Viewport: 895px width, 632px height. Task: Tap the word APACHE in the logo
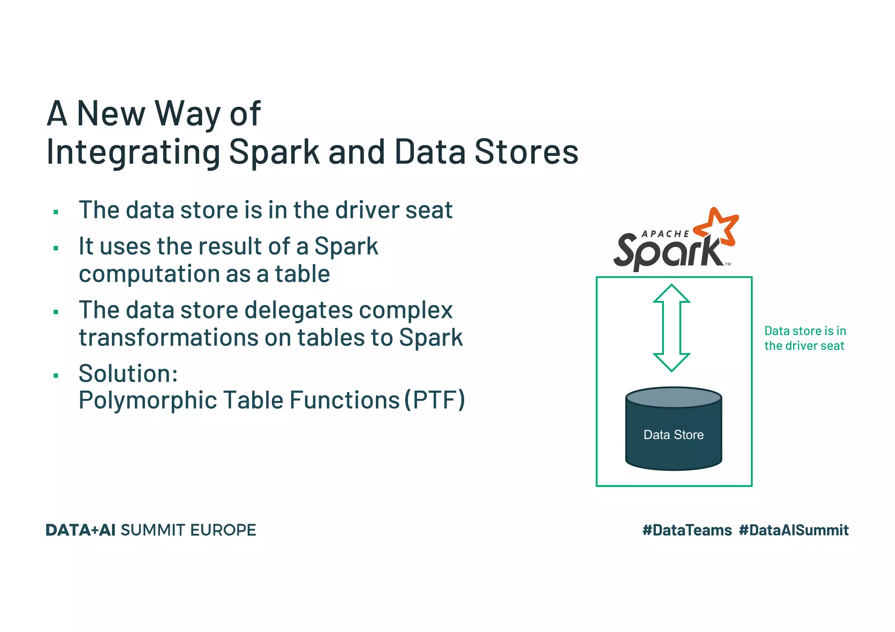pyautogui.click(x=665, y=234)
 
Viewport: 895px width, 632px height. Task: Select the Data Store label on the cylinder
pyautogui.click(x=673, y=435)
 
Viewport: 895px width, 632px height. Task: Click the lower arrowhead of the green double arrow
pyautogui.click(x=672, y=362)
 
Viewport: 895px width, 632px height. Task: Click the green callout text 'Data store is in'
pyautogui.click(x=805, y=331)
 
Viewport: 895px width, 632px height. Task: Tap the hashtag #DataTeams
pyautogui.click(x=687, y=530)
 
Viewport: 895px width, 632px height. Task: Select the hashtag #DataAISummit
pyautogui.click(x=794, y=530)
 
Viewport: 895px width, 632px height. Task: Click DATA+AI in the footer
pyautogui.click(x=80, y=530)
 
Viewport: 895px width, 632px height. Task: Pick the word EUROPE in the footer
pyautogui.click(x=223, y=530)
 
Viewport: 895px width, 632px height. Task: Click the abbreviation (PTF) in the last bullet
pyautogui.click(x=434, y=400)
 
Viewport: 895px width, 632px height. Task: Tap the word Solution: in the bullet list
pyautogui.click(x=128, y=373)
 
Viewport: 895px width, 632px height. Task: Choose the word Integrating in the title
pyautogui.click(x=133, y=152)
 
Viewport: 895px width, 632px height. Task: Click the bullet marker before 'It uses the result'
pyautogui.click(x=56, y=249)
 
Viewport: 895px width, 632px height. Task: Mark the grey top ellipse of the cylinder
pyautogui.click(x=673, y=397)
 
